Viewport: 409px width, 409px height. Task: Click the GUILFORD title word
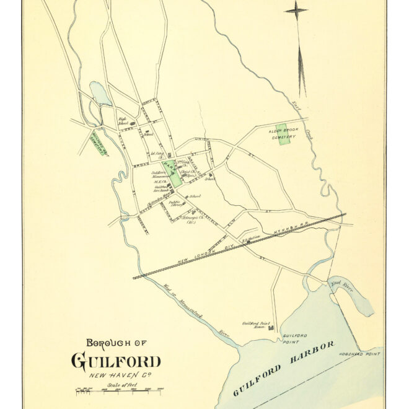click(x=116, y=361)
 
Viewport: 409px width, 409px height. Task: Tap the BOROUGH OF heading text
click(x=116, y=343)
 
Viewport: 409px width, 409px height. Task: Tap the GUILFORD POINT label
click(x=291, y=339)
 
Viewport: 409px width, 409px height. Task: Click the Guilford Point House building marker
click(x=272, y=327)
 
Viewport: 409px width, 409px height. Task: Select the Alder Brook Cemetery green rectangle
click(x=283, y=134)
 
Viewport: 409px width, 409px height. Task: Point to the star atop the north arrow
click(x=296, y=11)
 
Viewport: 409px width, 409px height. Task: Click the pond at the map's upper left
click(x=100, y=93)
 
